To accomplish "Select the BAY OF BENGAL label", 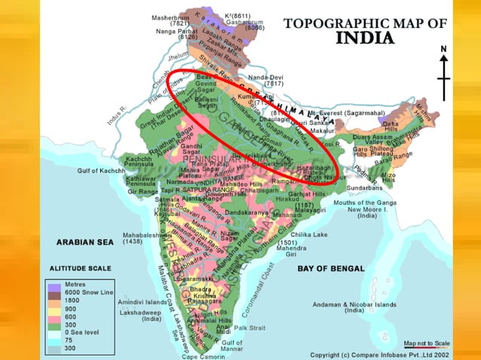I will [x=330, y=268].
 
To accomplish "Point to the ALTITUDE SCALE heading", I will [x=80, y=267].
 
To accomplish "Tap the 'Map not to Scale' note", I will [x=427, y=343].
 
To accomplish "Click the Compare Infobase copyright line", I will [x=380, y=354].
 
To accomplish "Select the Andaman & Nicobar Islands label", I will [x=354, y=307].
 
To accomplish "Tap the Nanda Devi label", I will [x=265, y=78].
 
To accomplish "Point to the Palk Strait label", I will [x=250, y=328].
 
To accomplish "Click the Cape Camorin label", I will [x=203, y=356].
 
